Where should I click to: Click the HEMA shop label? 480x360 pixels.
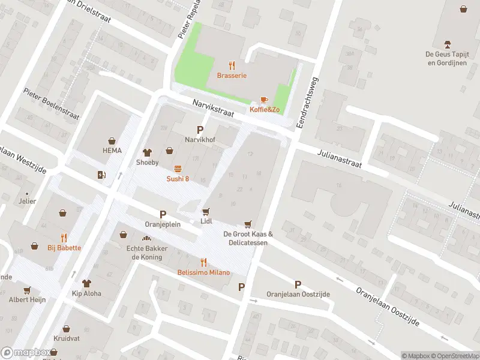coord(112,151)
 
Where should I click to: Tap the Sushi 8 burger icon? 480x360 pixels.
coord(178,169)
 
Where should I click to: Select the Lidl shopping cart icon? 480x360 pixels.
coord(206,211)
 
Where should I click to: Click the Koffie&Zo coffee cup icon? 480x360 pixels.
coord(264,100)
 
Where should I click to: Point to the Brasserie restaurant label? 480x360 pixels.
coord(231,76)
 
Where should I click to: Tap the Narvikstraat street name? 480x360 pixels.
coord(212,109)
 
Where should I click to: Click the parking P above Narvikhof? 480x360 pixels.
coord(200,130)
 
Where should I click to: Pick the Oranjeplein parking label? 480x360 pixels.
coord(162,225)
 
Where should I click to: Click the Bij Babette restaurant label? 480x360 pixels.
coord(64,248)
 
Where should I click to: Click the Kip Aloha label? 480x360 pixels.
coord(87,293)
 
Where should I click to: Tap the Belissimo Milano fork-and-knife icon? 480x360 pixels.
coord(203,262)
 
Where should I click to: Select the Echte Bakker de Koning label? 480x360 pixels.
coord(143,253)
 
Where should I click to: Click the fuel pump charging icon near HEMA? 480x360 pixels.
coord(101,175)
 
